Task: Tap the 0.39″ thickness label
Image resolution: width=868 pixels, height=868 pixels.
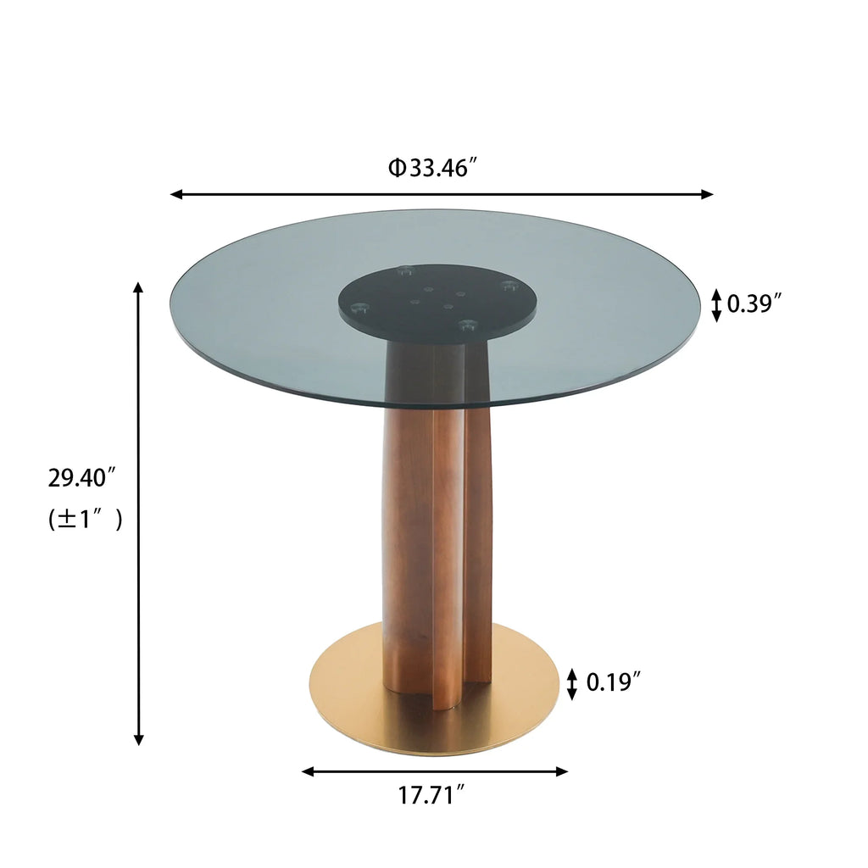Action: tap(754, 303)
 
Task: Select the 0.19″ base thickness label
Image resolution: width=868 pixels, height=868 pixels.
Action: tap(613, 682)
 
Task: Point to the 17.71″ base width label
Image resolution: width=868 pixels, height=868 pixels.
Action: tap(431, 795)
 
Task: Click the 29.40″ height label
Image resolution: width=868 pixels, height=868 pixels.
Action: tap(81, 478)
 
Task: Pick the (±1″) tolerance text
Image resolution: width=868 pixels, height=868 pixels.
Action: tap(85, 519)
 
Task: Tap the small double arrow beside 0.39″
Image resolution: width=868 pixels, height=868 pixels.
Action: tap(716, 304)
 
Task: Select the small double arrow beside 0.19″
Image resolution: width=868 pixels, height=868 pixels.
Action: tap(572, 683)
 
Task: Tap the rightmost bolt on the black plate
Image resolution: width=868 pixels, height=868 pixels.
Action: tap(508, 286)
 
